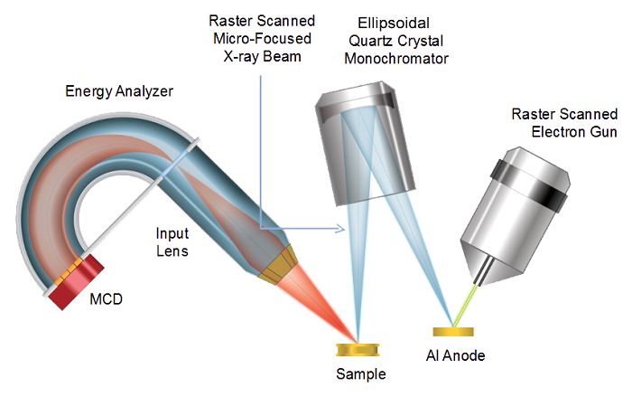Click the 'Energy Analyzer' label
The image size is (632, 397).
point(119,91)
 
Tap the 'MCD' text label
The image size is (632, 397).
point(106,299)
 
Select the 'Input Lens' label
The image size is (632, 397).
point(172,242)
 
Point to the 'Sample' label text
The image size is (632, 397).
point(361,374)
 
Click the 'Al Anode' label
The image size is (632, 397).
point(455,355)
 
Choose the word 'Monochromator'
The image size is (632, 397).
point(396,59)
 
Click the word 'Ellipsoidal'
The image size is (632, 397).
point(394,24)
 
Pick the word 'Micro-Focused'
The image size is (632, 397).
point(263,39)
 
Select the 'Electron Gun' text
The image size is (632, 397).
point(574,132)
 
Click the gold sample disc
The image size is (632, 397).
point(358,350)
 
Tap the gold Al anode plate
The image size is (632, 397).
point(453,332)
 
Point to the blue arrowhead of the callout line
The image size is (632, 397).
point(341,229)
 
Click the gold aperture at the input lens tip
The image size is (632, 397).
point(278,265)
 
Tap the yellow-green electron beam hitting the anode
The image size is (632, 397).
point(464,306)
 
